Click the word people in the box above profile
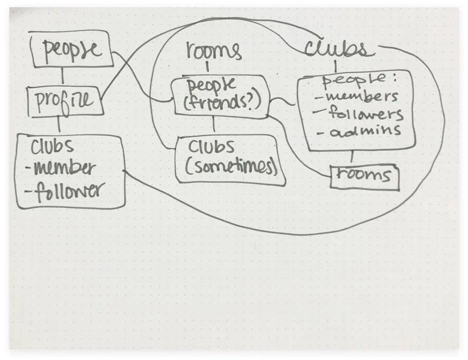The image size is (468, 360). pyautogui.click(x=72, y=50)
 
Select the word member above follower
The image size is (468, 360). pyautogui.click(x=64, y=168)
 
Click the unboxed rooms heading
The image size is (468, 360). pyautogui.click(x=213, y=51)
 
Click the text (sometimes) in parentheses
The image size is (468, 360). pyautogui.click(x=231, y=167)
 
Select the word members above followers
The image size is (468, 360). pyautogui.click(x=357, y=96)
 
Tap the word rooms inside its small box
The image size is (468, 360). pyautogui.click(x=364, y=175)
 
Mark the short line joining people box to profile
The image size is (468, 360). pyautogui.click(x=63, y=77)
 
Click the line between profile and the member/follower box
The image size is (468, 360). pyautogui.click(x=59, y=125)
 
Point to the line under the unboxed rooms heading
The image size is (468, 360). pyautogui.click(x=207, y=68)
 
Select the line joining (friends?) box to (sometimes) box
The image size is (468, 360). pyautogui.click(x=214, y=126)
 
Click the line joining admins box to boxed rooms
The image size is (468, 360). pyautogui.click(x=352, y=157)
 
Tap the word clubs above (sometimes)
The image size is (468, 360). pyautogui.click(x=211, y=147)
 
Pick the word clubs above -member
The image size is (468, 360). pyautogui.click(x=52, y=146)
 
